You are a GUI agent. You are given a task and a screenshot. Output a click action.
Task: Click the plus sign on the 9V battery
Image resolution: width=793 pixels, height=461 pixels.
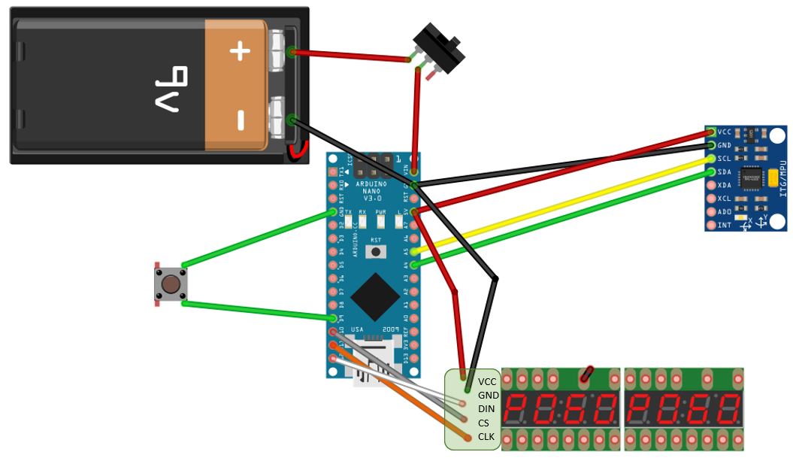click(x=239, y=51)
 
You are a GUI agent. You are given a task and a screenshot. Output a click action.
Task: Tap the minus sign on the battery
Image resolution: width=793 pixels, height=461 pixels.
click(x=240, y=120)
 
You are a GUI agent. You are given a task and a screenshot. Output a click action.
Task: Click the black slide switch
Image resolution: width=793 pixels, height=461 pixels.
click(x=440, y=48)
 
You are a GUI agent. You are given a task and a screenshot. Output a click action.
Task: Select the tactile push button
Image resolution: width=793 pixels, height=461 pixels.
click(x=171, y=284)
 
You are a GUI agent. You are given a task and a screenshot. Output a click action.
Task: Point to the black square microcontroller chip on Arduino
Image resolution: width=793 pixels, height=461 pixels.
click(x=374, y=296)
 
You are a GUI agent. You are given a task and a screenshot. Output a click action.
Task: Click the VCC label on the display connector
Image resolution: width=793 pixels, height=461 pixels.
click(x=488, y=381)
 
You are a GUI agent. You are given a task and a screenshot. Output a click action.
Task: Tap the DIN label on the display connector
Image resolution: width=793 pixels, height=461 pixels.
click(x=487, y=408)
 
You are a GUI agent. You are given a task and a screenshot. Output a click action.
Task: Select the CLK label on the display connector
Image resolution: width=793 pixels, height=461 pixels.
click(x=487, y=436)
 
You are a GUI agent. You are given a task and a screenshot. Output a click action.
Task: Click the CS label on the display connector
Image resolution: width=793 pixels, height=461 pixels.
click(x=483, y=423)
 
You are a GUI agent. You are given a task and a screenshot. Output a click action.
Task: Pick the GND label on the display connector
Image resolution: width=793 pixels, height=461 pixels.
click(x=489, y=395)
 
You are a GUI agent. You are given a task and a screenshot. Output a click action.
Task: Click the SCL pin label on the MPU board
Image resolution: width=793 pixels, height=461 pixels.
click(x=724, y=159)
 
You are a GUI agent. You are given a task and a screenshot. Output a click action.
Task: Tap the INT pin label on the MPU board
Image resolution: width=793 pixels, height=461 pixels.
click(x=724, y=225)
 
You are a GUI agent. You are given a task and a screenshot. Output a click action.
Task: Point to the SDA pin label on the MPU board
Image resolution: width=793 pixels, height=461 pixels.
click(x=724, y=172)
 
